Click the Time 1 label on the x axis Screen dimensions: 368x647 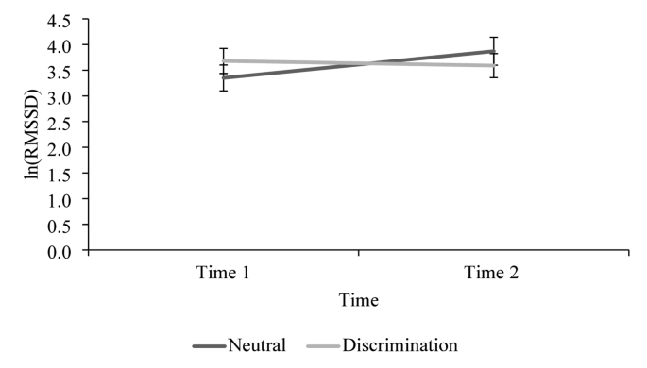pyautogui.click(x=223, y=272)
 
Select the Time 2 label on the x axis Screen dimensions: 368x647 pyautogui.click(x=493, y=272)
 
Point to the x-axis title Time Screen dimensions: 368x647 pyautogui.click(x=360, y=300)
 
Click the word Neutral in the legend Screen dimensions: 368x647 pyautogui.click(x=256, y=345)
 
